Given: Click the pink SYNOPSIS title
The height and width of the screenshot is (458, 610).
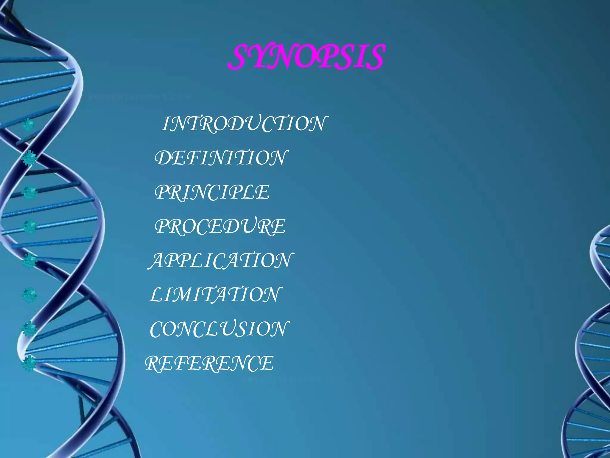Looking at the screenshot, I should [307, 57].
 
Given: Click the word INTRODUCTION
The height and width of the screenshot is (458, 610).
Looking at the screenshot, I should [244, 123].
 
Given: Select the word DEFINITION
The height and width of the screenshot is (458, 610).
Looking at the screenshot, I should [221, 158].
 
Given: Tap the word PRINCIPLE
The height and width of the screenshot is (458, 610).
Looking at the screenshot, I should [212, 192].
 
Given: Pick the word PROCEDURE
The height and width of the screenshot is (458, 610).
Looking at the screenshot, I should [220, 226].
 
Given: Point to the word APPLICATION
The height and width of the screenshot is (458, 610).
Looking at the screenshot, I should [221, 260].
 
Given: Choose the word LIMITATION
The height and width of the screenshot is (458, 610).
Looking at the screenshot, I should [215, 295].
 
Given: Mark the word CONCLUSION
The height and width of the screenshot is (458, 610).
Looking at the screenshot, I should [219, 329].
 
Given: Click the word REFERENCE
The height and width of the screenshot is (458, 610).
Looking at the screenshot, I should [209, 363].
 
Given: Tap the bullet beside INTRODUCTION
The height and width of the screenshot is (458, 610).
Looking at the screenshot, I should [29, 125].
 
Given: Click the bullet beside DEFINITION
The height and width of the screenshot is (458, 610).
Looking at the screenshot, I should [29, 158].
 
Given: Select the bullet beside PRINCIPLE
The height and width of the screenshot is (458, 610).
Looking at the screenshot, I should [29, 193].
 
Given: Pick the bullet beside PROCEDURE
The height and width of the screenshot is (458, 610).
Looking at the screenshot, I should [29, 227].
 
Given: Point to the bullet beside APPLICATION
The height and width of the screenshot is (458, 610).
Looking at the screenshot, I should [29, 261].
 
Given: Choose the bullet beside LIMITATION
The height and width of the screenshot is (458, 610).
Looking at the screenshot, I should [29, 295].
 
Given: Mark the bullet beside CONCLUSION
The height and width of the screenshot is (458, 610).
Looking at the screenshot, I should [29, 329].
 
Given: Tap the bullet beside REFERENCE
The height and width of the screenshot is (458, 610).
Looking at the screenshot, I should [29, 363].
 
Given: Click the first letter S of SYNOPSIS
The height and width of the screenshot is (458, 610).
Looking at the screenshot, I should [240, 57].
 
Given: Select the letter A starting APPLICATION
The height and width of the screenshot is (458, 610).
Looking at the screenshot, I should [157, 260].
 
